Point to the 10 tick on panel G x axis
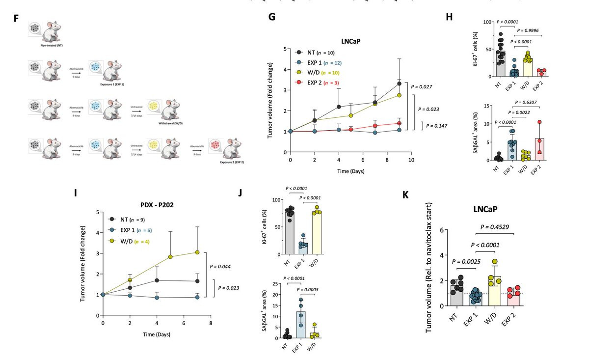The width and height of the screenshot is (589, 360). coord(411,160)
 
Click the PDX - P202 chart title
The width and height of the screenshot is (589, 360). coord(156,204)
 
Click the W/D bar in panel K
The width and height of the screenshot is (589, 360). coord(495,291)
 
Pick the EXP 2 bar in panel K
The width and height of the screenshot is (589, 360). coord(514,298)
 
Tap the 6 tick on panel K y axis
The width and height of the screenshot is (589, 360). coord(441,230)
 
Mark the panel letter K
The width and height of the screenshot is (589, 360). coord(405,194)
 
